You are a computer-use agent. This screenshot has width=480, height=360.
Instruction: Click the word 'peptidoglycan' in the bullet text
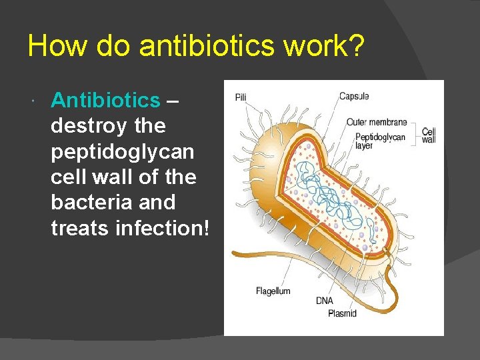(x=123, y=151)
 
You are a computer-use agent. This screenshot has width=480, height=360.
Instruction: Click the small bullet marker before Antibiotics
(x=33, y=101)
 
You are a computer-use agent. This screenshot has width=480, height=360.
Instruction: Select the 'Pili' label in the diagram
(x=241, y=97)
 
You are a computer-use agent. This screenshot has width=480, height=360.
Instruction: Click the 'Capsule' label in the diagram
(x=354, y=96)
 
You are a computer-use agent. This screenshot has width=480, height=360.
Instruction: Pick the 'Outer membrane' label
(x=377, y=122)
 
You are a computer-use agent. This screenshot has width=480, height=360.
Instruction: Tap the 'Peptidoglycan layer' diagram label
(x=379, y=141)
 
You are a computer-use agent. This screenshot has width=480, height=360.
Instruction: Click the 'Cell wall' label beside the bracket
(x=429, y=135)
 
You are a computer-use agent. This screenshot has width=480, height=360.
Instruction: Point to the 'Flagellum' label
(x=273, y=291)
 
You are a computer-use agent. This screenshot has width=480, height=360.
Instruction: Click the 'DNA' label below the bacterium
(x=325, y=301)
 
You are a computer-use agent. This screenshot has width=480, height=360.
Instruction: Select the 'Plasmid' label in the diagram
(x=342, y=313)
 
